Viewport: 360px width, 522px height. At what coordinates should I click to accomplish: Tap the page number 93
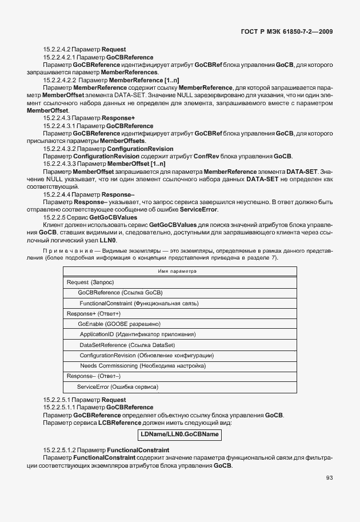(329, 478)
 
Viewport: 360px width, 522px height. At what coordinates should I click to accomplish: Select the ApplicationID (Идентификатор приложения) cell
(138, 334)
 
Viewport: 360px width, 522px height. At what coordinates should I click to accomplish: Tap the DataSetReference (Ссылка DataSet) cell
(127, 345)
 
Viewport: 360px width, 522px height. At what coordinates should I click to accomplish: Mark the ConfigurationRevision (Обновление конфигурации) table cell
(146, 355)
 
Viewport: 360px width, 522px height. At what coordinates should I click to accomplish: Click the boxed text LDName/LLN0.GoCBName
(179, 435)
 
